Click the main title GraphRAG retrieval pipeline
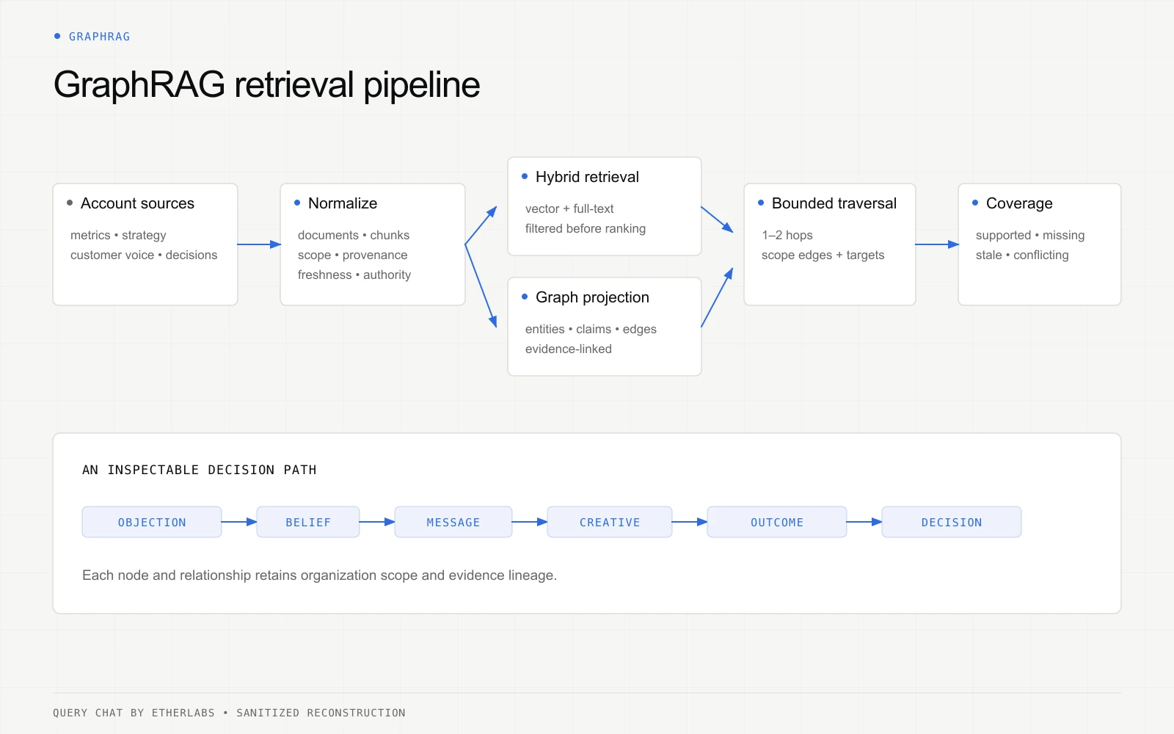pos(266,85)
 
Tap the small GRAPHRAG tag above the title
pos(99,37)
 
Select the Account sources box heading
pos(137,203)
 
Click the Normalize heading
pos(342,203)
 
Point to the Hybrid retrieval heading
pos(587,177)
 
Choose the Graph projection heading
pos(592,297)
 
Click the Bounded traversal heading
pos(834,203)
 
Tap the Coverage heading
pos(1019,203)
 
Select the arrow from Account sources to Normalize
pos(259,244)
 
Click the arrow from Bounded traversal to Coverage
pos(937,244)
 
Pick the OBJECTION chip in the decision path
pos(152,522)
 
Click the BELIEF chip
pos(308,522)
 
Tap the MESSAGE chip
pos(453,522)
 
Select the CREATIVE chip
pos(610,522)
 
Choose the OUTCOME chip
pos(777,522)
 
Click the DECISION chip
pos(952,522)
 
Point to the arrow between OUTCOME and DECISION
pos(864,522)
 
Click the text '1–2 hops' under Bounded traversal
pos(787,236)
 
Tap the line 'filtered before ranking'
pos(586,228)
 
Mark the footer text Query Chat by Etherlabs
pos(134,713)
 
